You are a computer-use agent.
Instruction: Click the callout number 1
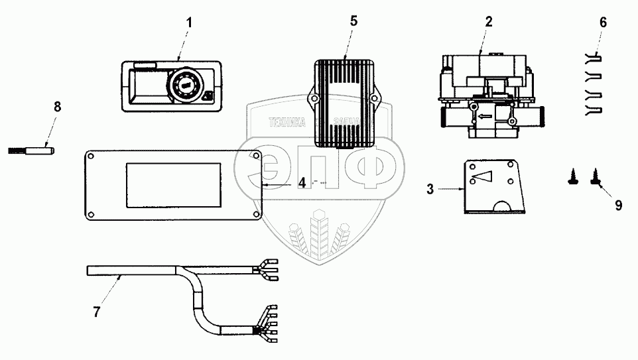(188, 22)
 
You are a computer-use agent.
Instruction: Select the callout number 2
(488, 21)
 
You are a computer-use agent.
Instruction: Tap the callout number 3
(430, 190)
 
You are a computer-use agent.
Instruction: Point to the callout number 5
(353, 21)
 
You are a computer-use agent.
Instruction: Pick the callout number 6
(602, 22)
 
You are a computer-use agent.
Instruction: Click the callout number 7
(96, 312)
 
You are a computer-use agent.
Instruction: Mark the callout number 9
(618, 206)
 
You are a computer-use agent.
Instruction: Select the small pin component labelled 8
(33, 149)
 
